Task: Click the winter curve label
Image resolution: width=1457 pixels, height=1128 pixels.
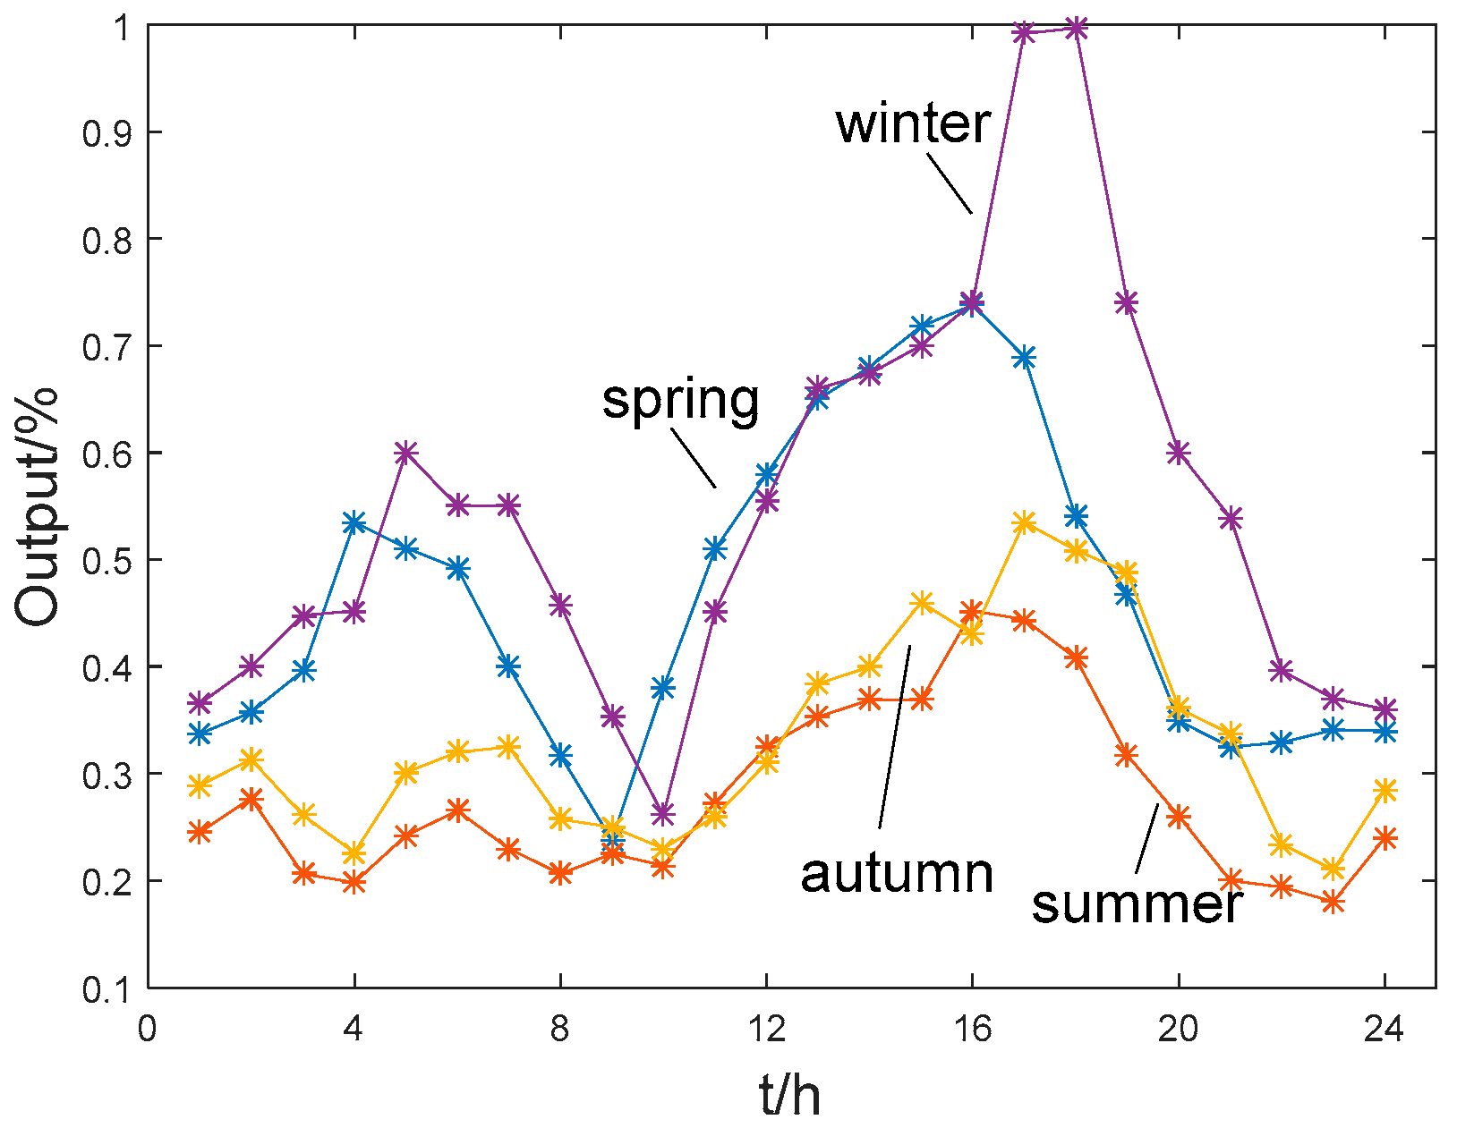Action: point(913,123)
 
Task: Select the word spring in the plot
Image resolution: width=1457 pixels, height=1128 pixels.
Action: point(680,400)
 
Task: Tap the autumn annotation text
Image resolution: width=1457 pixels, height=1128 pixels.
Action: point(897,873)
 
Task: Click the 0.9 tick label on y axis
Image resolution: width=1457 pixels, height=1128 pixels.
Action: point(106,133)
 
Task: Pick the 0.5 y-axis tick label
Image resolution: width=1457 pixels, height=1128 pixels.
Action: point(106,561)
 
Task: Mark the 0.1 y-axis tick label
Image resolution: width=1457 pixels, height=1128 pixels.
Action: point(106,988)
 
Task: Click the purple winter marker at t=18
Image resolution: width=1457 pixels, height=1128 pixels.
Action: point(1077,28)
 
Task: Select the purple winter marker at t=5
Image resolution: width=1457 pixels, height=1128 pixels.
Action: point(406,454)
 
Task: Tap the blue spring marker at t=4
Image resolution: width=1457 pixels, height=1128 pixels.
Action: point(354,523)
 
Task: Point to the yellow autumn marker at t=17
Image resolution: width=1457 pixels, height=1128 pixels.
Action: point(1025,523)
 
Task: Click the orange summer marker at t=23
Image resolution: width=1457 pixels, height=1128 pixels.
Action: point(1333,902)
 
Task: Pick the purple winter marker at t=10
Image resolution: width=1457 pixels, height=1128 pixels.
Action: point(662,814)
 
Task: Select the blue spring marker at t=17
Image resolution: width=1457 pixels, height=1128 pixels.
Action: point(1025,358)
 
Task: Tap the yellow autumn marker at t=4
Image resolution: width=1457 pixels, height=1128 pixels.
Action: point(354,852)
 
